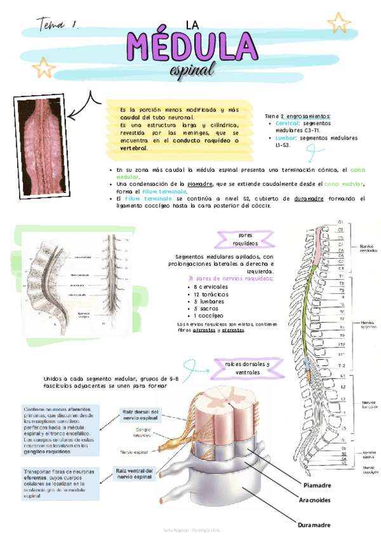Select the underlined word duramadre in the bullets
pos(309,199)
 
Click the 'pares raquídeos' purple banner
pos(245,239)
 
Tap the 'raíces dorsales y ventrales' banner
pos(247,367)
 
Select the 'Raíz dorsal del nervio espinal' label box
pos(138,415)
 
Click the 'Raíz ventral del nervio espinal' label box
pos(135,474)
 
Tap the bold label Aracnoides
pos(316,501)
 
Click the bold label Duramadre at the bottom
pos(314,525)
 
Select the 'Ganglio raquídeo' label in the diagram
pos(141,433)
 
